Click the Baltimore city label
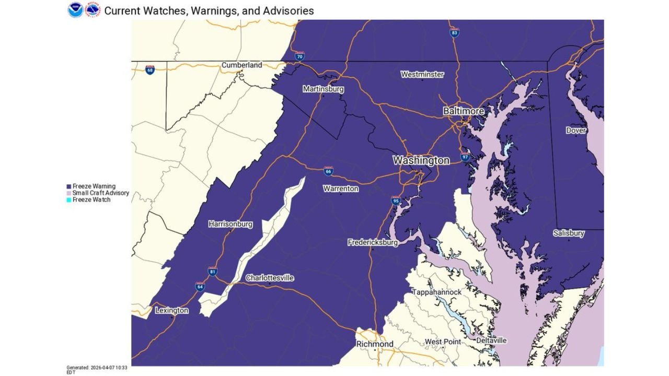463,111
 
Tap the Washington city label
421,160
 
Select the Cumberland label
241,65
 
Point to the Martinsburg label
323,89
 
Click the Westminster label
422,75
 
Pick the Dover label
576,131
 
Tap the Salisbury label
569,233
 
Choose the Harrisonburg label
230,224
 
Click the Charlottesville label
270,278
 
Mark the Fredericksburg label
373,242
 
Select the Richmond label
375,344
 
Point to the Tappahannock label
436,292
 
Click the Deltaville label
491,340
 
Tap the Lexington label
171,311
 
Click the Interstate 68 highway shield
150,69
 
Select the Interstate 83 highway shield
455,33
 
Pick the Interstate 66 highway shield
328,171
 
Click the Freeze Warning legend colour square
69,186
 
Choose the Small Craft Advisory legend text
100,193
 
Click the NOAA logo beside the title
75,10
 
